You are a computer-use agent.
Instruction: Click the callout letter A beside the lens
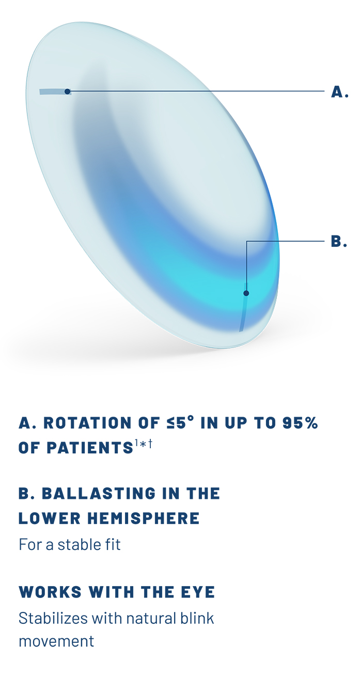[x=339, y=92]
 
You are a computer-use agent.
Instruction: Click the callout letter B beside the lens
[x=338, y=242]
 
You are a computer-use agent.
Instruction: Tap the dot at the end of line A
[x=68, y=91]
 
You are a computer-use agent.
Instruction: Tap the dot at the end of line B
[x=246, y=293]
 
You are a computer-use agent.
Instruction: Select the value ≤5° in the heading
[x=175, y=423]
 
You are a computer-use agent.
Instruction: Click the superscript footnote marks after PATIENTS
[x=144, y=444]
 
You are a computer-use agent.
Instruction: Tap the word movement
[x=56, y=641]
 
